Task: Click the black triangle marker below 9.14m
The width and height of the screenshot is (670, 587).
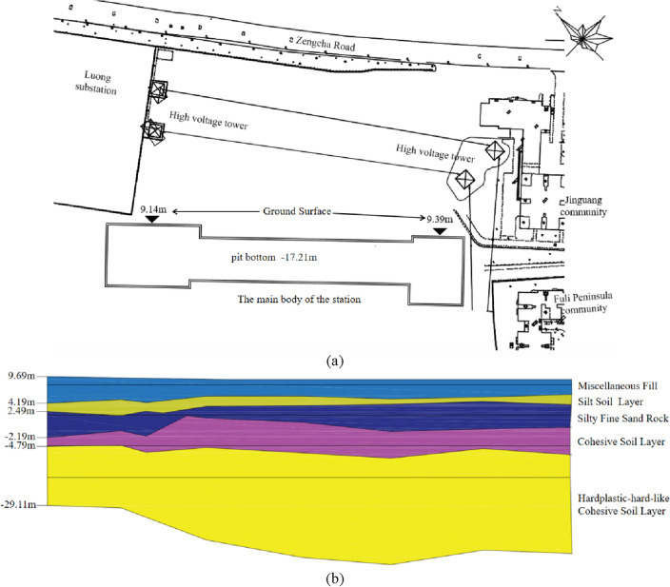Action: [x=151, y=221]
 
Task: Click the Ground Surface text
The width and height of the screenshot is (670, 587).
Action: [x=296, y=211]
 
